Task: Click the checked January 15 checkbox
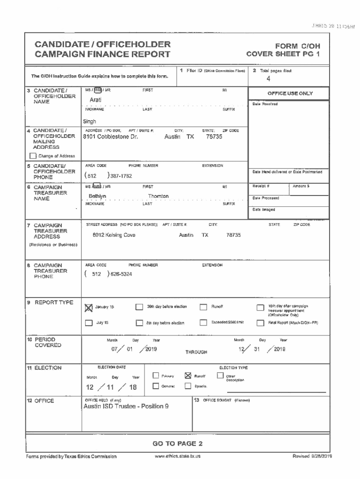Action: [x=89, y=307]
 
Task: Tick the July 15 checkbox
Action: [x=89, y=323]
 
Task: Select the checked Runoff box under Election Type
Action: [x=188, y=375]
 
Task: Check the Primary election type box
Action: [x=156, y=375]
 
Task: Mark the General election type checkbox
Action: [x=156, y=386]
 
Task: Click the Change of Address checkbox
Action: [x=33, y=156]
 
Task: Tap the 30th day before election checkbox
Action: [x=139, y=307]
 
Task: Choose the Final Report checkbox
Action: [x=260, y=323]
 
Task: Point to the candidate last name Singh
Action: [x=89, y=122]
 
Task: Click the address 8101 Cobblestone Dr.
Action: [x=110, y=138]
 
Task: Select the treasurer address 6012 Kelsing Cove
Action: [x=114, y=235]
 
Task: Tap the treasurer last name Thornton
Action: [x=158, y=196]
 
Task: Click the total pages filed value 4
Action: [x=268, y=79]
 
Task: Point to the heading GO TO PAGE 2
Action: [x=178, y=443]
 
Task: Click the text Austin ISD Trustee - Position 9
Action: [x=126, y=406]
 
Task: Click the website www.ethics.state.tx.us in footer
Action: [x=177, y=456]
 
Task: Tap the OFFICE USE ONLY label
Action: [x=290, y=94]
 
